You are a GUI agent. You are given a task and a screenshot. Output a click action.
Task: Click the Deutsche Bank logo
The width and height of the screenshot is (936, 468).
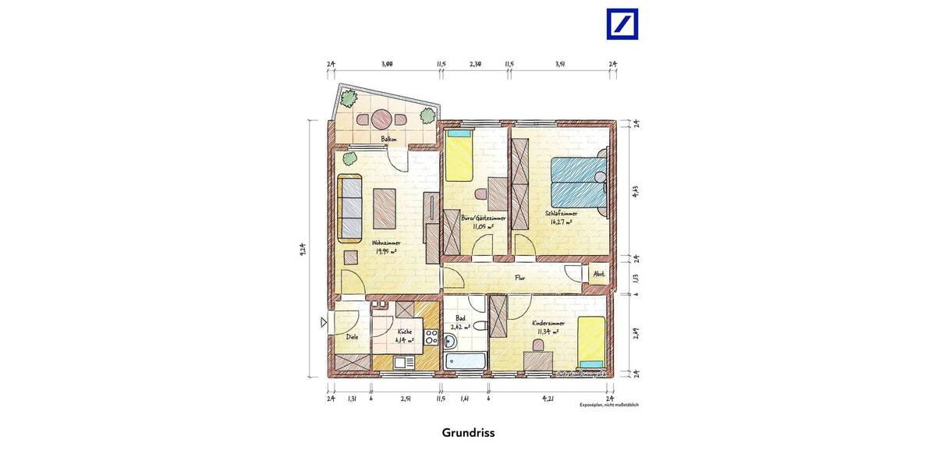tap(622, 24)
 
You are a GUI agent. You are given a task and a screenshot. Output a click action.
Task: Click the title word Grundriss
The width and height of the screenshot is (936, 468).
tap(468, 432)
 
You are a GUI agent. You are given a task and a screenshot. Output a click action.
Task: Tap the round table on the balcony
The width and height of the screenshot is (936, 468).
tap(381, 119)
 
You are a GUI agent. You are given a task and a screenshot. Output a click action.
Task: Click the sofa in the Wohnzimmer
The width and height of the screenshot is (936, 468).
tap(351, 207)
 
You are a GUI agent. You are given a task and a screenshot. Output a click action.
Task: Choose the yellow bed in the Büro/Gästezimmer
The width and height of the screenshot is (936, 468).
tap(459, 158)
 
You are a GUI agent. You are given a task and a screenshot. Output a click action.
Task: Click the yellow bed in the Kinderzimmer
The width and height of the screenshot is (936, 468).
tap(591, 342)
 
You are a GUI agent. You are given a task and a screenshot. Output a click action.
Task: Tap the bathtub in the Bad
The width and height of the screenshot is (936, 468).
tap(465, 361)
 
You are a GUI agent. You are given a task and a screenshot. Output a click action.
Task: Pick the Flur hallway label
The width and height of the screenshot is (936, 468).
tap(519, 277)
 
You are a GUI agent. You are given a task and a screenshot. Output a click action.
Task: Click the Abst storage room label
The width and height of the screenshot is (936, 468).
tap(599, 275)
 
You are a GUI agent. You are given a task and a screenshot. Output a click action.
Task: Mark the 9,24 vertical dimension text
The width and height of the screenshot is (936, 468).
tap(303, 249)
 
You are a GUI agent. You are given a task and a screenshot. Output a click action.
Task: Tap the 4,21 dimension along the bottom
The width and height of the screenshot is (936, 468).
tap(548, 398)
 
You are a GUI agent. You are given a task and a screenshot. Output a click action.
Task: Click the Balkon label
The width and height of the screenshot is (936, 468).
tap(388, 139)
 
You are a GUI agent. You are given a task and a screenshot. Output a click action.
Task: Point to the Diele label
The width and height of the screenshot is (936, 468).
tap(352, 337)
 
